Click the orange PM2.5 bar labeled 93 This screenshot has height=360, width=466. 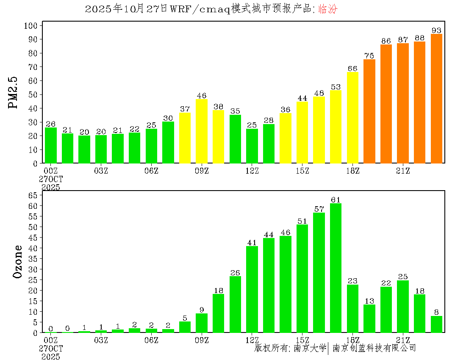point(436,98)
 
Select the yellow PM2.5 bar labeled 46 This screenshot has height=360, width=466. point(202,131)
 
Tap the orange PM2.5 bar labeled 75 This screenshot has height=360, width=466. point(369,111)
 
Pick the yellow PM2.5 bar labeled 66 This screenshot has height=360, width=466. point(352,117)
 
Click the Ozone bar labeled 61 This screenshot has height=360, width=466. point(336,268)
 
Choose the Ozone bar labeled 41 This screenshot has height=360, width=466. point(252,289)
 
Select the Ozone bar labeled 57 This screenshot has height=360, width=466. point(319,272)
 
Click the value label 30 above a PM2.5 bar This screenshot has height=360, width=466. point(168,118)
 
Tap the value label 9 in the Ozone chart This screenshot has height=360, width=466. point(202,310)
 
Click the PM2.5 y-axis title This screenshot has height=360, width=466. point(14,92)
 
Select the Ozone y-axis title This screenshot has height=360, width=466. point(18,261)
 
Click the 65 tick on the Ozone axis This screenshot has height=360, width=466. point(33,195)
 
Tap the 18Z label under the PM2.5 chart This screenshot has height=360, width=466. point(352,171)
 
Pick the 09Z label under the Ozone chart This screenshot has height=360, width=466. point(202,340)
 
